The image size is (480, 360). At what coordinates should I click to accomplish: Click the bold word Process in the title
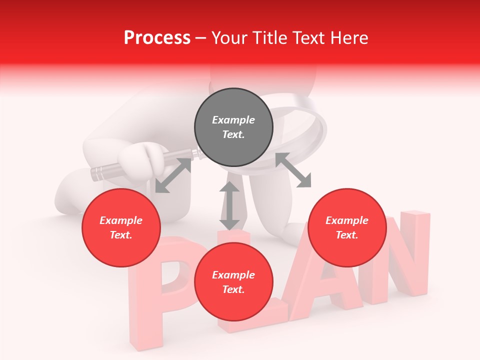point(157,37)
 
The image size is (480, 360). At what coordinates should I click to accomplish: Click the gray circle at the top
point(233,127)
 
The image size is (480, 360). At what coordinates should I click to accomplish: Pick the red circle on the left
point(121,227)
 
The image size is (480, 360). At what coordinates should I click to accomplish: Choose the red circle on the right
point(347,227)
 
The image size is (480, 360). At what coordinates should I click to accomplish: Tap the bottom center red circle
point(233,282)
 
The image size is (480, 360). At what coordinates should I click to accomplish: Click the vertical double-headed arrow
point(229,205)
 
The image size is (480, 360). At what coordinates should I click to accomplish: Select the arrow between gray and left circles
point(173,175)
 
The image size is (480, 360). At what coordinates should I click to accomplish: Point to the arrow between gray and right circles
point(293,170)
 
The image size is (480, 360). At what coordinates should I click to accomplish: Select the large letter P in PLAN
point(165,280)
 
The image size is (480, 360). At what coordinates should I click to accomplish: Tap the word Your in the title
point(229,37)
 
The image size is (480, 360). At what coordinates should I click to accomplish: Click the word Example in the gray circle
point(233,120)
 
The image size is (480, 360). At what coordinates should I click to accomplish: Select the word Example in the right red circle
point(347,220)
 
